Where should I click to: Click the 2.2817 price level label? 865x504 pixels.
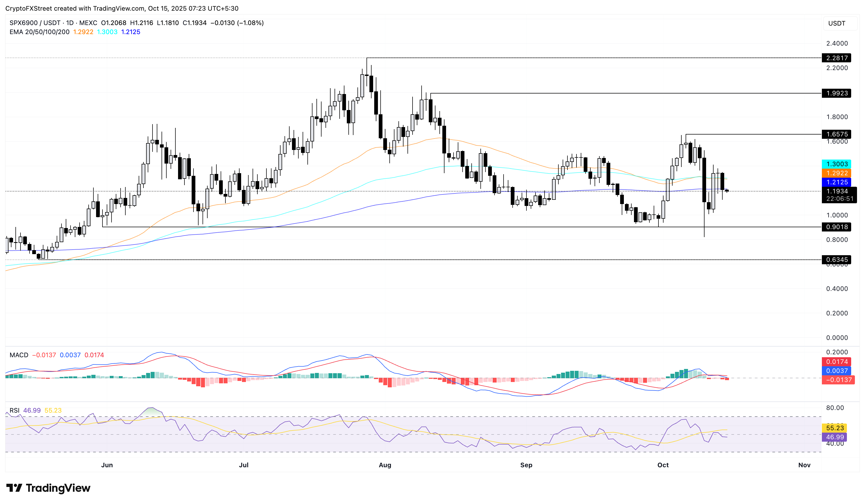pos(837,58)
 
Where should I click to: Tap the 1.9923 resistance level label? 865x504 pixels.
pos(837,93)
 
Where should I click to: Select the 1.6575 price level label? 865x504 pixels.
pos(837,134)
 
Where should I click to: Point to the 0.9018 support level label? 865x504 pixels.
pos(837,227)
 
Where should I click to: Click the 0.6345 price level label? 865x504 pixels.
pos(837,259)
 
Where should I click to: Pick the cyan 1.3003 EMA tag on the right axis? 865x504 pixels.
pos(837,164)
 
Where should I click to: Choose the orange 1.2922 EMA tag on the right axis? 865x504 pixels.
pos(837,173)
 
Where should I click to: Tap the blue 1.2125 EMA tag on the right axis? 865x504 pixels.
pos(837,182)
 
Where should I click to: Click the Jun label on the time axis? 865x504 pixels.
pos(107,465)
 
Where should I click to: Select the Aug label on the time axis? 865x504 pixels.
pos(385,465)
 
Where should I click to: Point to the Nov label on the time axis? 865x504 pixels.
pos(804,465)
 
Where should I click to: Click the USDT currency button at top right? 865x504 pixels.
pos(837,23)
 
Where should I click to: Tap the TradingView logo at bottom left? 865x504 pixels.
pos(48,487)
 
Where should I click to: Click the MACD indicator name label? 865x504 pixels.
pos(19,355)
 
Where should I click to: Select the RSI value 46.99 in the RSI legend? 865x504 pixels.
pos(32,410)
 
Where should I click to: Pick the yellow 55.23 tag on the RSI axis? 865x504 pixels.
pos(834,428)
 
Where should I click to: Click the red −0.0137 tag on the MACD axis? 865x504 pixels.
pos(838,380)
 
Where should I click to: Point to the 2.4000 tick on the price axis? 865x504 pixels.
pos(837,43)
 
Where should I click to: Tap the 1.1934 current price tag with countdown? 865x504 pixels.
pos(839,194)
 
